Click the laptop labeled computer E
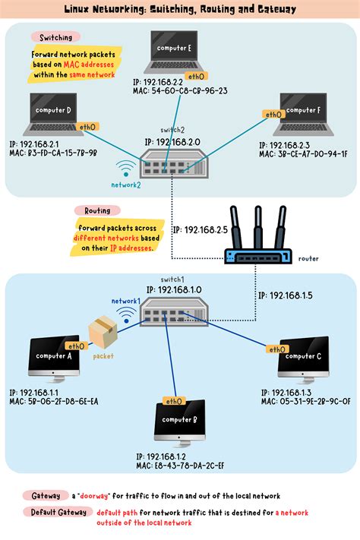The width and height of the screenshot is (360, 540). click(178, 52)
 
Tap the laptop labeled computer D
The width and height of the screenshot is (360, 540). click(53, 113)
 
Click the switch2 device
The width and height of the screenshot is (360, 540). click(172, 163)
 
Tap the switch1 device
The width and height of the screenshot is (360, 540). click(172, 311)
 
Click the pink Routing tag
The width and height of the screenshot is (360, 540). click(98, 210)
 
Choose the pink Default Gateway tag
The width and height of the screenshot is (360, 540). click(55, 512)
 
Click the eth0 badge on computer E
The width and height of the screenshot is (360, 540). click(196, 77)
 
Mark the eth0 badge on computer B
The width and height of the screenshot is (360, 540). click(173, 401)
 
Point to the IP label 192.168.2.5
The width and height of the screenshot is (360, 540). click(200, 229)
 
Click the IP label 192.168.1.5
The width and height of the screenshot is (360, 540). click(285, 295)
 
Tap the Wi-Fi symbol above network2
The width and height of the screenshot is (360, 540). click(125, 169)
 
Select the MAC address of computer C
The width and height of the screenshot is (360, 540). click(305, 401)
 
